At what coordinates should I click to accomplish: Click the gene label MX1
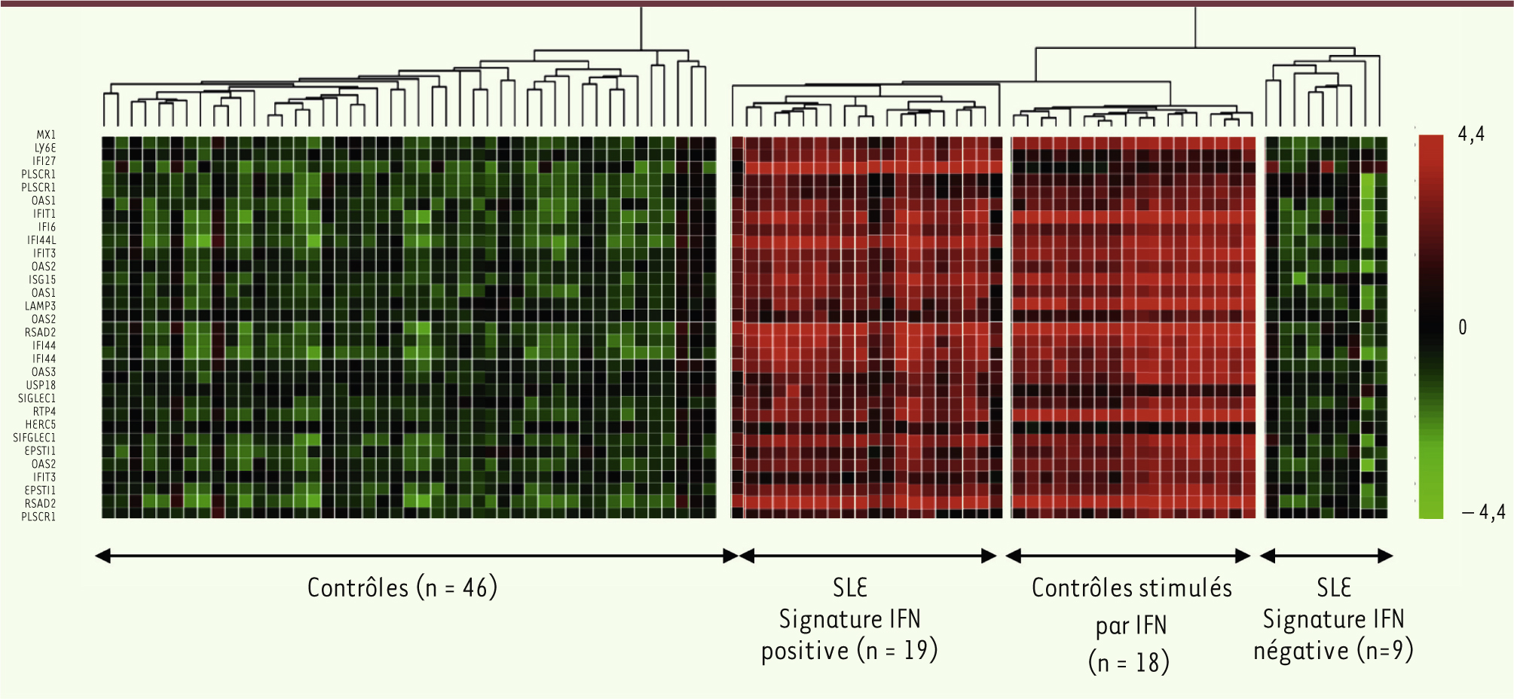click(x=46, y=135)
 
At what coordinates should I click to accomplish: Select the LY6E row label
click(x=45, y=148)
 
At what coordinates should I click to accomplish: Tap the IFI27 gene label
click(x=44, y=161)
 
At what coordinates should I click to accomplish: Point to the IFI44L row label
click(x=41, y=240)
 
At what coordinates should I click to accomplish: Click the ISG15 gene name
click(x=42, y=279)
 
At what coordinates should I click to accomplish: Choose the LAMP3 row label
click(x=40, y=306)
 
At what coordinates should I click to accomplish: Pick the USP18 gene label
click(x=41, y=385)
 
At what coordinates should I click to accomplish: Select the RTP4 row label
click(x=44, y=411)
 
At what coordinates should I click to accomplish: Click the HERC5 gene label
click(x=41, y=425)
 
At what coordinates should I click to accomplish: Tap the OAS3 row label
click(x=43, y=372)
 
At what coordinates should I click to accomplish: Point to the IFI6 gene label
click(x=47, y=227)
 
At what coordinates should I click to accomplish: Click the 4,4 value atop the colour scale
click(x=1471, y=135)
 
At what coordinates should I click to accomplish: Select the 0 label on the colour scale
click(x=1463, y=328)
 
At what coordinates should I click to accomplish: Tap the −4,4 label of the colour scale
click(x=1483, y=513)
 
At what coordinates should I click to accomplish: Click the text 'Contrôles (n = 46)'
click(x=402, y=588)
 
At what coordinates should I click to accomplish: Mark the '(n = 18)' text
click(x=1129, y=662)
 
